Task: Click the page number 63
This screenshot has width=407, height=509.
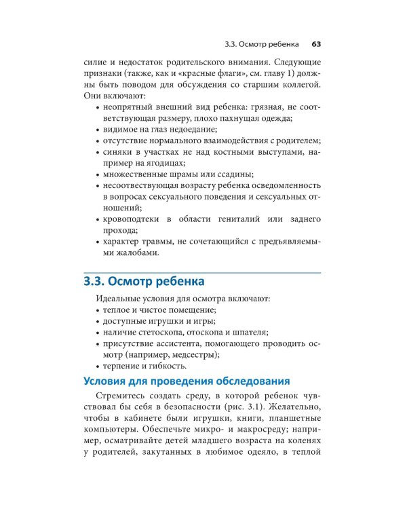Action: pos(315,44)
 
